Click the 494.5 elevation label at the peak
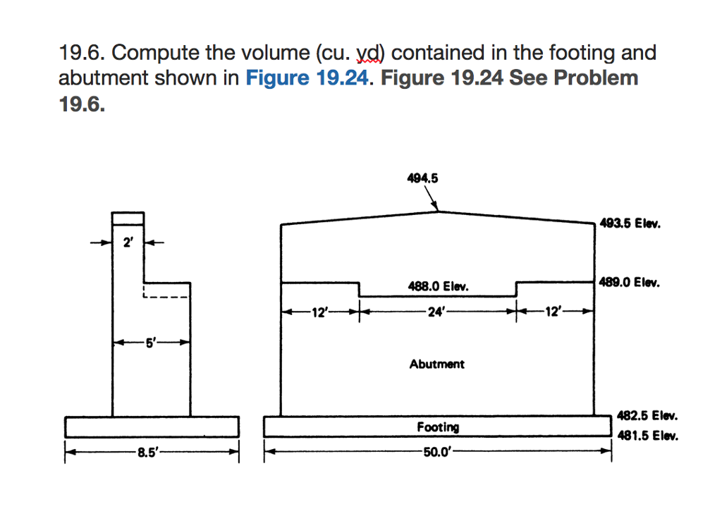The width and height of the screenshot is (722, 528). coord(423,179)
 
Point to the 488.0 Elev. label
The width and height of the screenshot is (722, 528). coord(438,287)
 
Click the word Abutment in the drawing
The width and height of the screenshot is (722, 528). coord(437,364)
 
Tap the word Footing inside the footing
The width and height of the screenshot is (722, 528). coord(438,427)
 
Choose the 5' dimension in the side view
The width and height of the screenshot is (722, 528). coord(151,343)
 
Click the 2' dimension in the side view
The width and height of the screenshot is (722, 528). coord(128,244)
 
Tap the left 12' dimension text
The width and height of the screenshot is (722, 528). coord(319,312)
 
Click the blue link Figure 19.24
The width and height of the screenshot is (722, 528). coord(307,78)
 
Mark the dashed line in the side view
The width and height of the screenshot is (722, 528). coord(166,297)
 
